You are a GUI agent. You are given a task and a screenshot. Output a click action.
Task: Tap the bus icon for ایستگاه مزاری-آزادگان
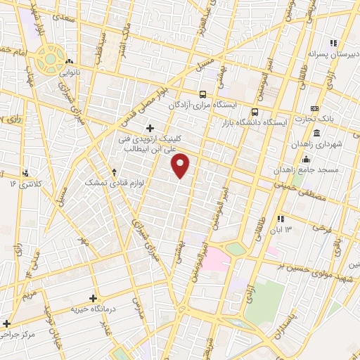(202, 94)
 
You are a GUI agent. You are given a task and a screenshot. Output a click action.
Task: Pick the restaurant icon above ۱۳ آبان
(281, 219)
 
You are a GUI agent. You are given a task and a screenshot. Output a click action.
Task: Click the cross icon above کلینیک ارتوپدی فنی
(149, 127)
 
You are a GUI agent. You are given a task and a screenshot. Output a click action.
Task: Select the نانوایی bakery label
(74, 71)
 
